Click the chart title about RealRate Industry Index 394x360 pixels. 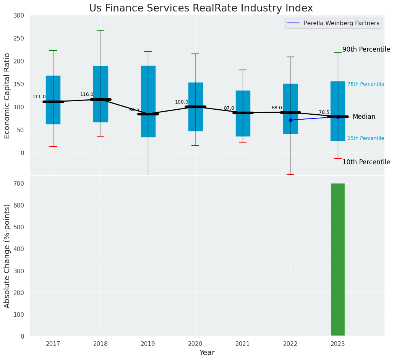click(x=201, y=8)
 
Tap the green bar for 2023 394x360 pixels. click(x=338, y=259)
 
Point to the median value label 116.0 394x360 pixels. click(x=87, y=94)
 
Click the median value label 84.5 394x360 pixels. click(x=134, y=110)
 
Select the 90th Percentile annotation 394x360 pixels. click(x=366, y=50)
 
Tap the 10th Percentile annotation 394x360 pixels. click(x=366, y=162)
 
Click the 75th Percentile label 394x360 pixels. click(x=366, y=84)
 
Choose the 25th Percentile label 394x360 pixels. click(x=366, y=138)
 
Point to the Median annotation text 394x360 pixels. click(x=364, y=117)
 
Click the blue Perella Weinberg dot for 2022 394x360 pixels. click(x=290, y=120)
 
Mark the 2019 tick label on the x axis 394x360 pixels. click(x=148, y=344)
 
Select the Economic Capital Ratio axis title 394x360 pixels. click(x=7, y=96)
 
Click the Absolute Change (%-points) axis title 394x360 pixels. click(x=7, y=256)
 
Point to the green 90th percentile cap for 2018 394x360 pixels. click(x=101, y=30)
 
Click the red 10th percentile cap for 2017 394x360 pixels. click(x=53, y=146)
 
